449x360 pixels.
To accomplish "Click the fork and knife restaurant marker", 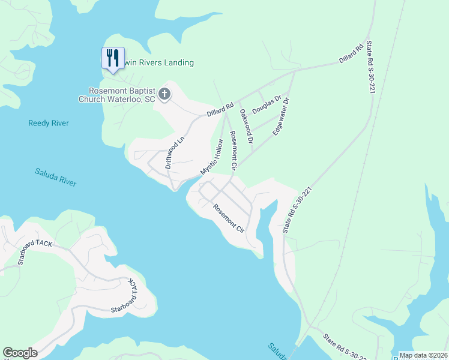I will click(113, 58).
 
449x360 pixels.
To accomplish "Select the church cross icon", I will click(164, 94).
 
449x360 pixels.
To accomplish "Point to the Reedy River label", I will click(49, 123).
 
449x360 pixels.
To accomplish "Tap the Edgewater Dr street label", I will click(281, 116).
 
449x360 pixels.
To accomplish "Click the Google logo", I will click(20, 353).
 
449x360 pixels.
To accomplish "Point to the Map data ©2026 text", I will click(423, 355).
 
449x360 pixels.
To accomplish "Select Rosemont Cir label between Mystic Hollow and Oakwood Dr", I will click(234, 150).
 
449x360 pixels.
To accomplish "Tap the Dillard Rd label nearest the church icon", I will click(220, 109).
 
